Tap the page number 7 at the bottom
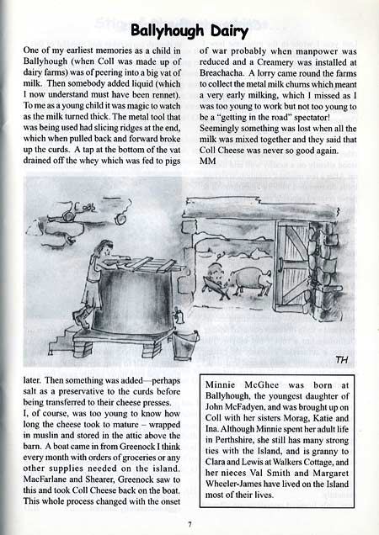(190, 522)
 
